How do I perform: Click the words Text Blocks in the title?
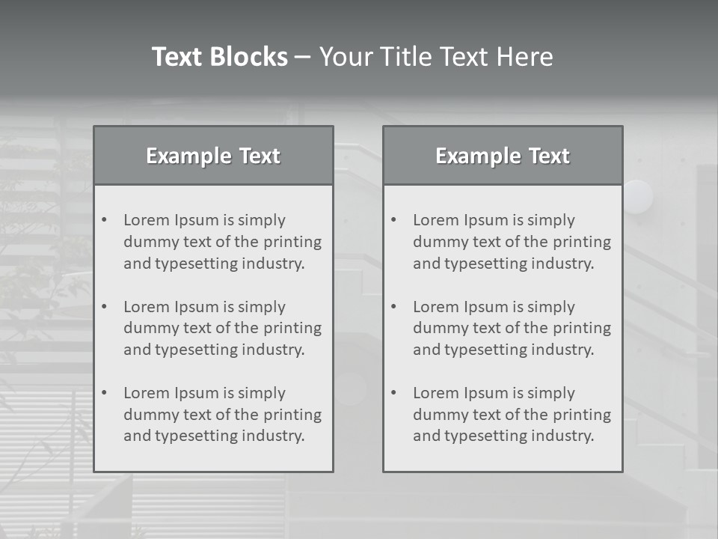[x=219, y=57]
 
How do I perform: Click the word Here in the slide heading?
[x=524, y=57]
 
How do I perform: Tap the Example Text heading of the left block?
[x=213, y=156]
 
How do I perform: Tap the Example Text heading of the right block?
[x=503, y=156]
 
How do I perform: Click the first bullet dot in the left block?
[x=104, y=220]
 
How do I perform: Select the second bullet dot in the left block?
[x=104, y=307]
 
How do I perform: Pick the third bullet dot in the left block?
[x=104, y=393]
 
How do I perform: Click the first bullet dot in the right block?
[x=393, y=220]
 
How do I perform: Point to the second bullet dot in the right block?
[x=393, y=307]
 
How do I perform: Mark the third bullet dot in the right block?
[x=393, y=393]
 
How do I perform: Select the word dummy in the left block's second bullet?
[x=148, y=328]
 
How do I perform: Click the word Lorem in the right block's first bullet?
[x=435, y=220]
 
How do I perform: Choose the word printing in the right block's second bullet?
[x=580, y=328]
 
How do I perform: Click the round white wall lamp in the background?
[x=638, y=196]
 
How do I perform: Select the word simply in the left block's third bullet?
[x=262, y=393]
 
